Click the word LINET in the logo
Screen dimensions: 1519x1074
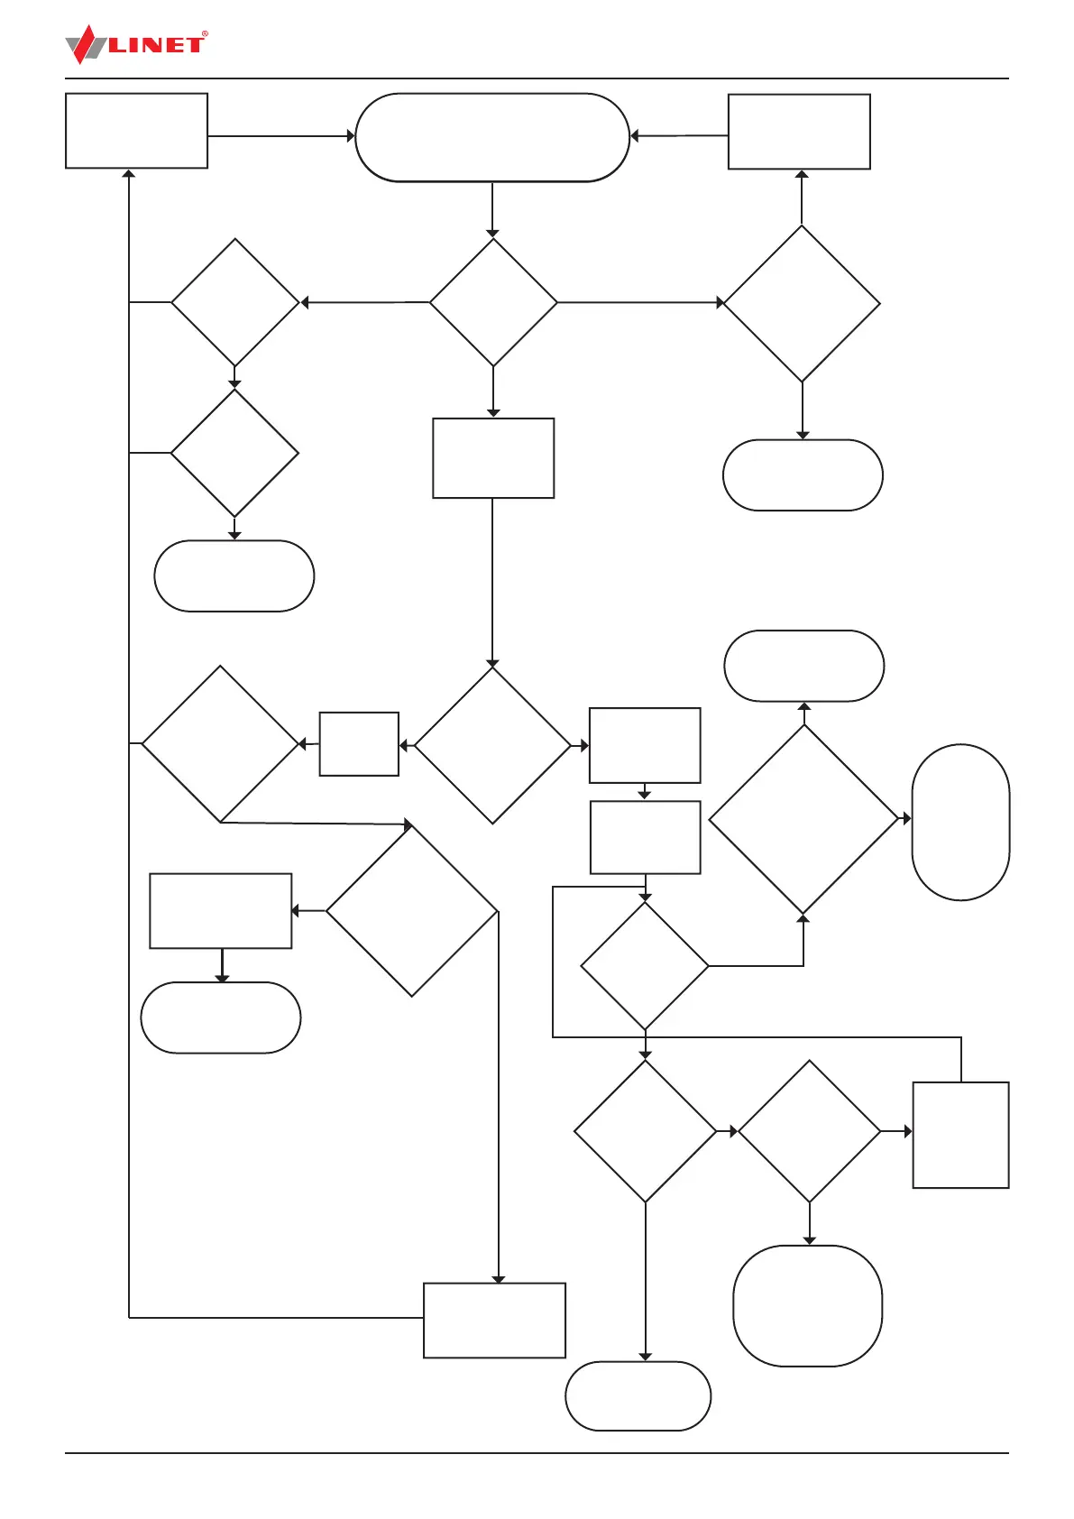pyautogui.click(x=156, y=45)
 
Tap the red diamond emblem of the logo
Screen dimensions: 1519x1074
pyautogui.click(x=84, y=44)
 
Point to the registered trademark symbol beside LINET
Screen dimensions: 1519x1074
pyautogui.click(x=205, y=34)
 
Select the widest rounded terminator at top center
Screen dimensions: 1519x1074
pyautogui.click(x=491, y=137)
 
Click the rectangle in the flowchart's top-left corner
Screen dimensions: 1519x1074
pyautogui.click(x=136, y=131)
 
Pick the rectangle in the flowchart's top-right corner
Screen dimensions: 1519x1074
pyautogui.click(x=799, y=132)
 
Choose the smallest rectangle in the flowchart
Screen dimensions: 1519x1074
pyautogui.click(x=359, y=744)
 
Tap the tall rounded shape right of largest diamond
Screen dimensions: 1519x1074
pyautogui.click(x=960, y=822)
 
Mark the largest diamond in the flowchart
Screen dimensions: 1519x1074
pyautogui.click(x=803, y=819)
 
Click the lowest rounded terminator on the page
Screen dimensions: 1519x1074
pyautogui.click(x=638, y=1395)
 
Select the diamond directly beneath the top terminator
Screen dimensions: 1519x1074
pyautogui.click(x=493, y=302)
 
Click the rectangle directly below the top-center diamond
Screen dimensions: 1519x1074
pyautogui.click(x=493, y=458)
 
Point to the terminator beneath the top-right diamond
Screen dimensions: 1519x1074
pyautogui.click(x=803, y=475)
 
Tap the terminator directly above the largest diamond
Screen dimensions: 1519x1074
pyautogui.click(x=803, y=666)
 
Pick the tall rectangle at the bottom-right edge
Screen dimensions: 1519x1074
pyautogui.click(x=960, y=1135)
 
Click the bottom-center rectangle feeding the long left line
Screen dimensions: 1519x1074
pyautogui.click(x=494, y=1320)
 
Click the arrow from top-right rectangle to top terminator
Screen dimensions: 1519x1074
pyautogui.click(x=679, y=136)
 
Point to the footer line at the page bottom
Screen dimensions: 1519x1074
pyautogui.click(x=537, y=1453)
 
